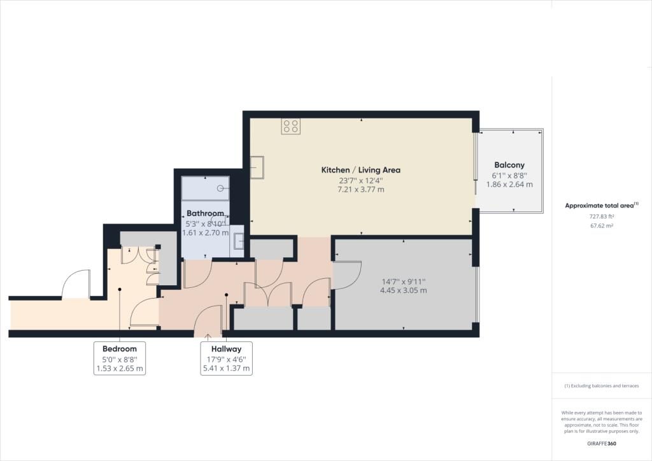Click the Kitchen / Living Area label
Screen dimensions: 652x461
pos(360,170)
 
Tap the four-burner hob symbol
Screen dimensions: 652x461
pos(290,126)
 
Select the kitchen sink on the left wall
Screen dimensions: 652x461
pos(257,167)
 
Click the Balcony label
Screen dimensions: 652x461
pos(509,165)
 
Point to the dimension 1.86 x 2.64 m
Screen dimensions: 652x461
pos(509,185)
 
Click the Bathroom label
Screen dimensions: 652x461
pos(206,213)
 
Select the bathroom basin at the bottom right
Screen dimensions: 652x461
pos(239,241)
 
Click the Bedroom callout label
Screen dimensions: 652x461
pos(119,349)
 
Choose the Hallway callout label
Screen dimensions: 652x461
pos(226,349)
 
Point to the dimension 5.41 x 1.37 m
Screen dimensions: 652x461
pos(226,368)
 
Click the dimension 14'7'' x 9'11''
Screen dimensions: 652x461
pos(403,281)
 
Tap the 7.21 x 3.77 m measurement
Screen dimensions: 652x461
pos(360,190)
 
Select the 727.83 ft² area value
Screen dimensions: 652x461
pos(602,216)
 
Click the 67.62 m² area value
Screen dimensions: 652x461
pos(602,226)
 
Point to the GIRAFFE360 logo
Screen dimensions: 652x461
pos(602,444)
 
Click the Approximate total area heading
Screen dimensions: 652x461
pos(601,206)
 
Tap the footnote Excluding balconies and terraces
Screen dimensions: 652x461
pos(602,386)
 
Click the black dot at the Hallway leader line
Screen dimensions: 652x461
pos(227,295)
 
